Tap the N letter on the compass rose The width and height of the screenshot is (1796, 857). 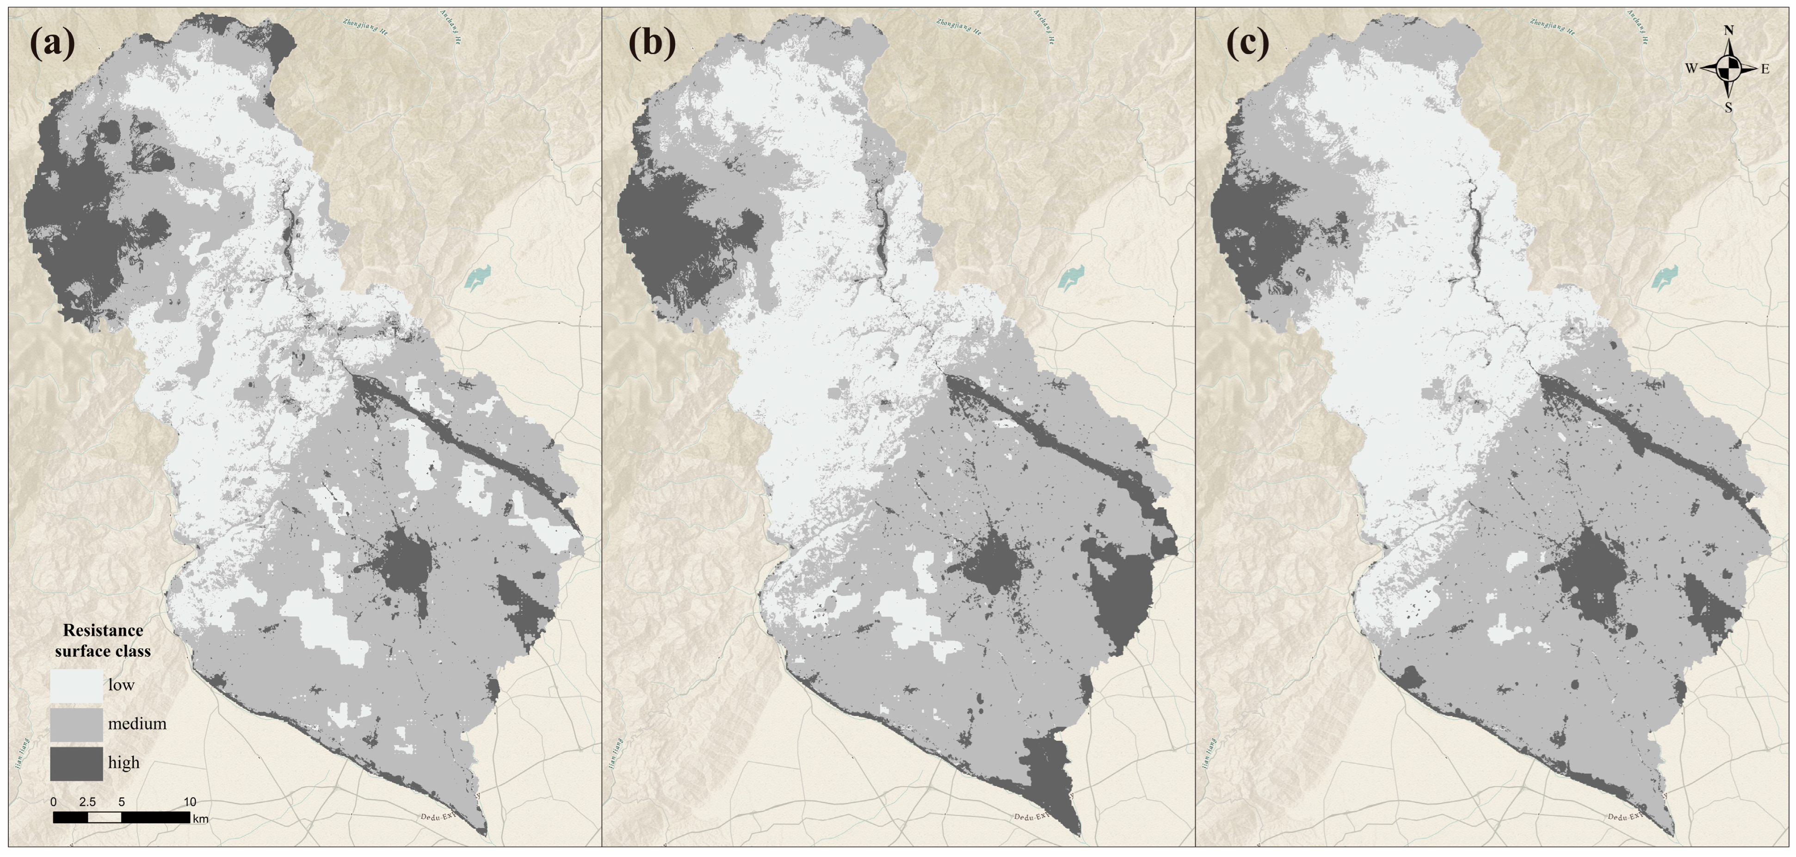1728,31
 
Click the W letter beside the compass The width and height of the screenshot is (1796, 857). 1691,68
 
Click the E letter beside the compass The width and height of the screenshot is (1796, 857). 1765,69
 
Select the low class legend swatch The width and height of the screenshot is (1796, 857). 76,685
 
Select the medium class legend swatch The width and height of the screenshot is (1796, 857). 76,725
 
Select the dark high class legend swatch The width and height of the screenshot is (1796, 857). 76,764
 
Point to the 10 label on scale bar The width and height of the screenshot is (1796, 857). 190,802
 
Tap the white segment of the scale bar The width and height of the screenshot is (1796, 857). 105,817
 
